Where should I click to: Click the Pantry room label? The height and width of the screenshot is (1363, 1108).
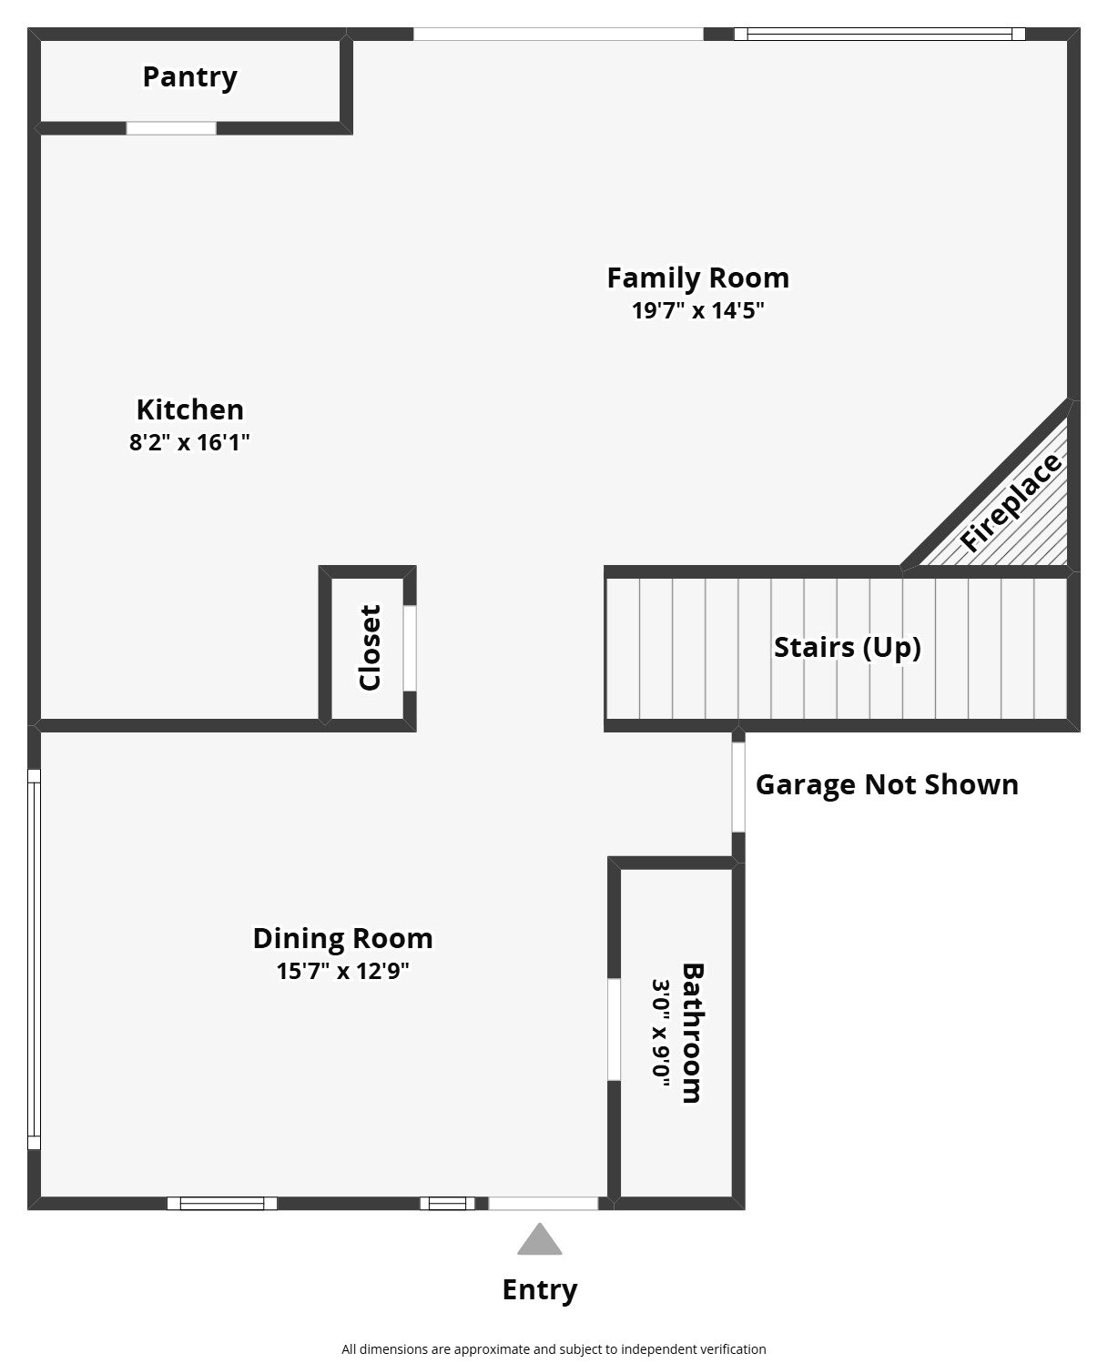[189, 77]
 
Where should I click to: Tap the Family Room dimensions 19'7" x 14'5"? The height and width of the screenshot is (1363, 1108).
[697, 310]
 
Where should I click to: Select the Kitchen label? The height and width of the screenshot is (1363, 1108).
[190, 409]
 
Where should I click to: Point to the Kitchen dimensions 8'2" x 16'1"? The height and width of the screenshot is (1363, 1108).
[189, 442]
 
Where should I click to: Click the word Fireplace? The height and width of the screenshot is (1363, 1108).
[1010, 502]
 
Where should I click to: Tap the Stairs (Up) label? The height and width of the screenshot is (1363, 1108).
[848, 647]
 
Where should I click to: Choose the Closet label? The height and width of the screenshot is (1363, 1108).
[370, 648]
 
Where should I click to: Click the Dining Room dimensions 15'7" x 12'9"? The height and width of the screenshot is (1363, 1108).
[342, 971]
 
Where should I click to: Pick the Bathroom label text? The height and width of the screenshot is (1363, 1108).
[692, 1033]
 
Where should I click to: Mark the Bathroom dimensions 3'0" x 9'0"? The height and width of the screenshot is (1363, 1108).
[661, 1033]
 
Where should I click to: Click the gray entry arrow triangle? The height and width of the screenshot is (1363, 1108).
[540, 1238]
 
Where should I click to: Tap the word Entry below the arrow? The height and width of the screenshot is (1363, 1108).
[540, 1289]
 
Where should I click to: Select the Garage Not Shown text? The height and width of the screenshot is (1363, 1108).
[887, 784]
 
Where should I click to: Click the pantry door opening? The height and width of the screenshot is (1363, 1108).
[171, 128]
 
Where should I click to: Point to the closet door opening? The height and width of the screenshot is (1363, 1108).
[410, 648]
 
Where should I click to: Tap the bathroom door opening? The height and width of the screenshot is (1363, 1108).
[614, 1030]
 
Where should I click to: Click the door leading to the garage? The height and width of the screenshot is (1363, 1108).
[738, 787]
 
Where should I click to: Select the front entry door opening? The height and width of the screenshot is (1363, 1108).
[544, 1203]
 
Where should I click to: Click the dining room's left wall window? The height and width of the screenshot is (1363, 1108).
[34, 959]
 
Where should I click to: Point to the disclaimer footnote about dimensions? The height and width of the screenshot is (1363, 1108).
[554, 1349]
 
